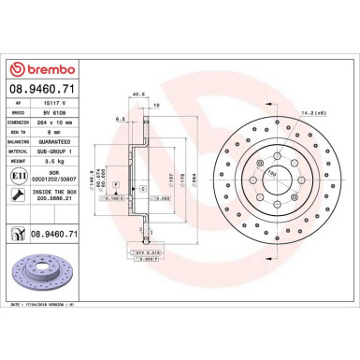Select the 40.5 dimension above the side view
click(138, 94)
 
